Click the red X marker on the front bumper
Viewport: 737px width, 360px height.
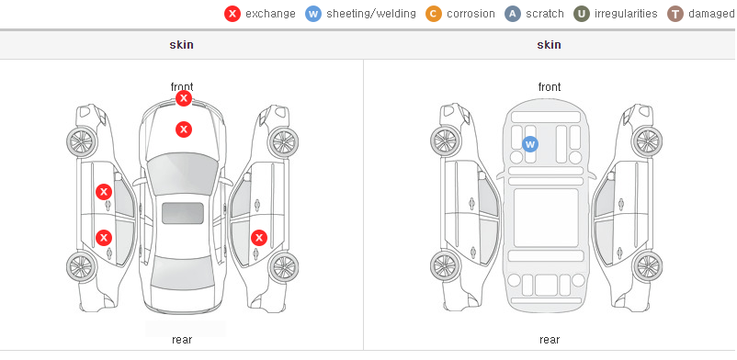pyautogui.click(x=184, y=98)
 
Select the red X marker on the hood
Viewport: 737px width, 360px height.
pyautogui.click(x=184, y=129)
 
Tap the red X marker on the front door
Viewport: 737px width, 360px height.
pyautogui.click(x=104, y=192)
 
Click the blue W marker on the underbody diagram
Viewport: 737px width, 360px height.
pyautogui.click(x=530, y=144)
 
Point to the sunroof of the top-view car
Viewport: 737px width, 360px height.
pyautogui.click(x=183, y=213)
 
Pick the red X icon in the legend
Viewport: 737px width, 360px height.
pyautogui.click(x=232, y=14)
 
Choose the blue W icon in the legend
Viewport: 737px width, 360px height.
pyautogui.click(x=313, y=14)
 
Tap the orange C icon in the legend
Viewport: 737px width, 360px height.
pyautogui.click(x=434, y=14)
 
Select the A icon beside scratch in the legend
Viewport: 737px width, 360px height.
pyautogui.click(x=513, y=14)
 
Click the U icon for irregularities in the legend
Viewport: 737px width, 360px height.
pyautogui.click(x=582, y=14)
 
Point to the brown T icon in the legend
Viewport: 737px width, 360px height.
pyautogui.click(x=675, y=14)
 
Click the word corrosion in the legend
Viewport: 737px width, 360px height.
pyautogui.click(x=471, y=14)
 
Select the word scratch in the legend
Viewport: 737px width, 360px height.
pyautogui.click(x=545, y=14)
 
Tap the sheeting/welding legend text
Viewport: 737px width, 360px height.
pyautogui.click(x=371, y=14)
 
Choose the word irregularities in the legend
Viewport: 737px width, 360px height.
pyautogui.click(x=626, y=14)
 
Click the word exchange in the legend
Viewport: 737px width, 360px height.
pyautogui.click(x=270, y=14)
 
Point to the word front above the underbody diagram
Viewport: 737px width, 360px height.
pyautogui.click(x=550, y=87)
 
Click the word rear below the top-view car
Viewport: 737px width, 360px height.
pyautogui.click(x=182, y=340)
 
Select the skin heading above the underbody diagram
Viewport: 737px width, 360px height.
pyautogui.click(x=549, y=45)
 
